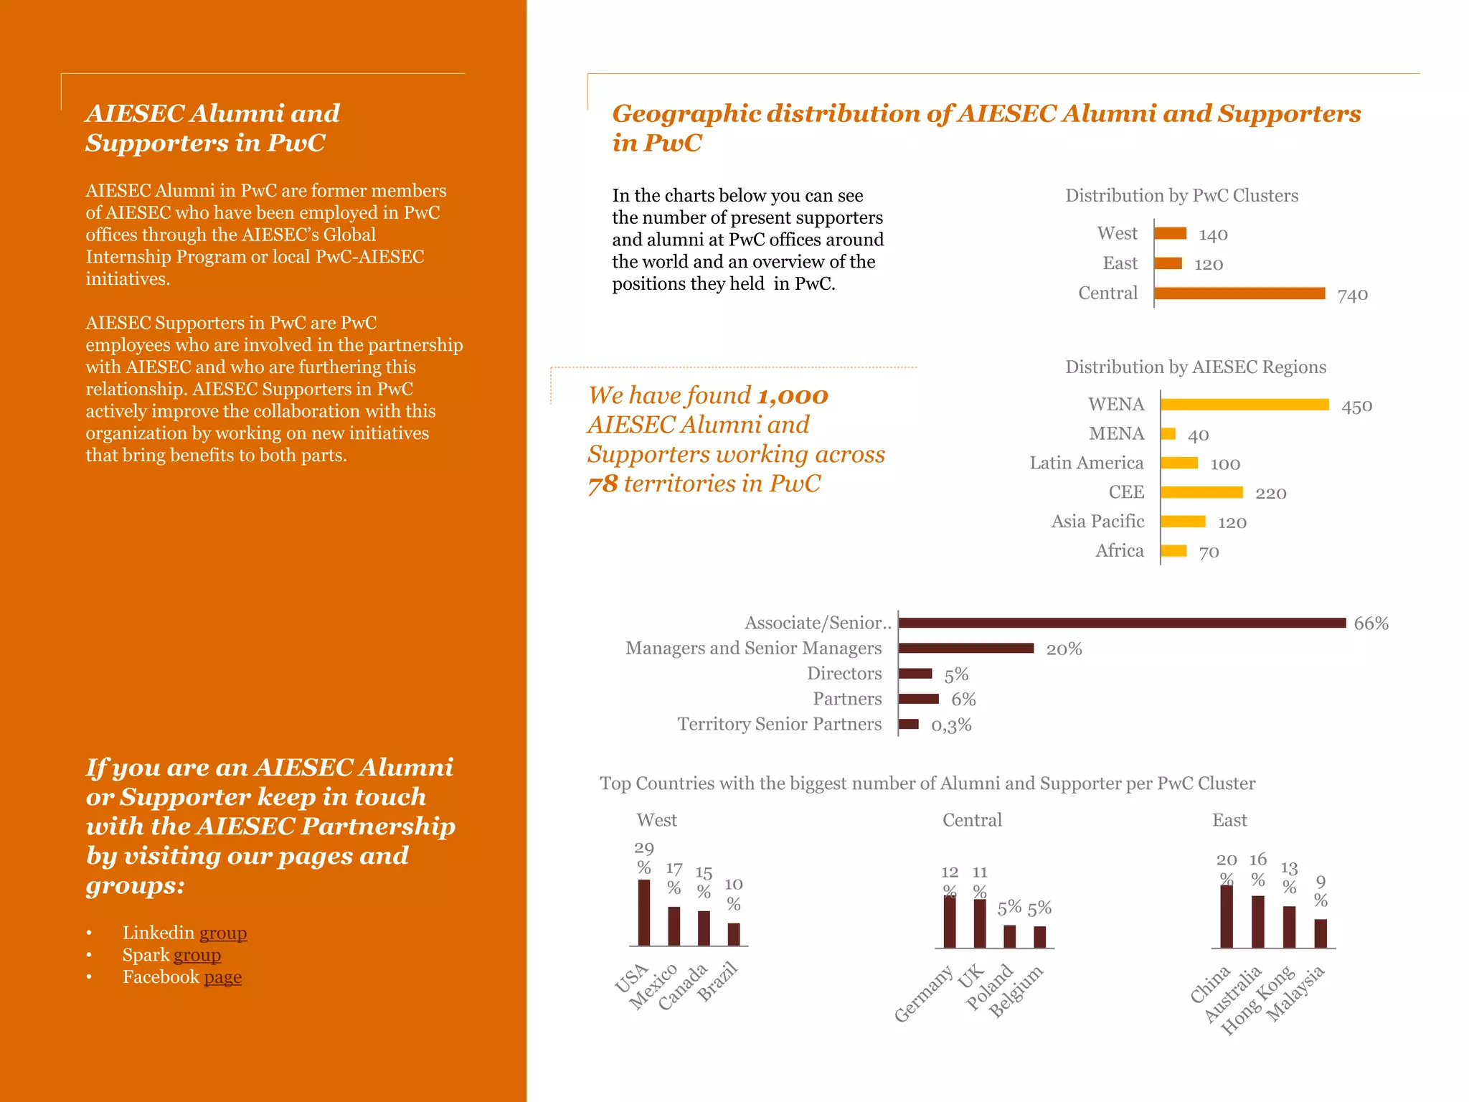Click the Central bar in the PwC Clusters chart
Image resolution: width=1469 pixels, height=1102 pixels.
pyautogui.click(x=1239, y=293)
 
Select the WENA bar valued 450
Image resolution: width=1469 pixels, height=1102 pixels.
pyautogui.click(x=1244, y=405)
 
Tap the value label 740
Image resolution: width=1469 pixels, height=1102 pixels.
pyautogui.click(x=1353, y=295)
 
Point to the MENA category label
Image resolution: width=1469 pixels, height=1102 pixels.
pyautogui.click(x=1116, y=434)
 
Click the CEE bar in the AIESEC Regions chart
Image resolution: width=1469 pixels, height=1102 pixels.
pyautogui.click(x=1201, y=492)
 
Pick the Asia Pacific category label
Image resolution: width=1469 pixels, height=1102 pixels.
pyautogui.click(x=1097, y=522)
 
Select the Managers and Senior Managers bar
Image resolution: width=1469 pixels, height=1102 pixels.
pyautogui.click(x=966, y=649)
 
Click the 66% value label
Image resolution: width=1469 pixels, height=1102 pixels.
pyautogui.click(x=1371, y=623)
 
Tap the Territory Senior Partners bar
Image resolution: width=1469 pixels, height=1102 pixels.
pyautogui.click(x=909, y=725)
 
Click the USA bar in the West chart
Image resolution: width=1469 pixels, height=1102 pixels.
pyautogui.click(x=644, y=913)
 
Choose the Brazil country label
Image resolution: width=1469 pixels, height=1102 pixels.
pyautogui.click(x=718, y=982)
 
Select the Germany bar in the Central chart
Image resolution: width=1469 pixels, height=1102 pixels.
pyautogui.click(x=950, y=922)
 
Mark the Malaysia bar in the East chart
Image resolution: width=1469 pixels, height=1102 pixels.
pyautogui.click(x=1321, y=933)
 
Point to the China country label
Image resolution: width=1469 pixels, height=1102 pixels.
pyautogui.click(x=1210, y=985)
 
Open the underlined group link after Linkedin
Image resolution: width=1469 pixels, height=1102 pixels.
pyautogui.click(x=223, y=933)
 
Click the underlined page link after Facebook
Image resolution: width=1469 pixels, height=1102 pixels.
pyautogui.click(x=223, y=977)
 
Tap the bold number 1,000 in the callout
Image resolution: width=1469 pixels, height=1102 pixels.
pyautogui.click(x=793, y=396)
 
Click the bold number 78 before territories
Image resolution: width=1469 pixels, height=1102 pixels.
pyautogui.click(x=603, y=484)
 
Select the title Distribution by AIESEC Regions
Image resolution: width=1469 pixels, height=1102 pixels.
pyautogui.click(x=1196, y=367)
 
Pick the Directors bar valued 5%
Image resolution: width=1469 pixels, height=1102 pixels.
pyautogui.click(x=915, y=674)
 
